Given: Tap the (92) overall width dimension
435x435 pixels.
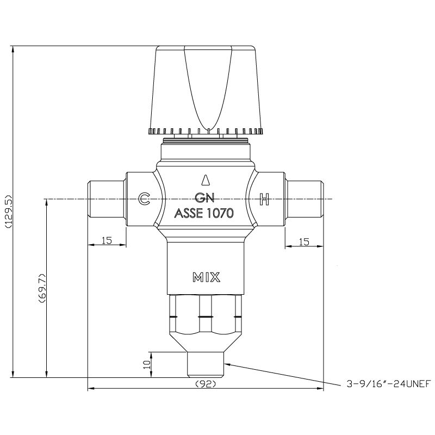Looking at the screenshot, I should click(x=206, y=383).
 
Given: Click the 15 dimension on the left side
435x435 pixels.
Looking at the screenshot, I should click(x=107, y=241).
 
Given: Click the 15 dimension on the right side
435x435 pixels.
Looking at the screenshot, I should click(x=304, y=241).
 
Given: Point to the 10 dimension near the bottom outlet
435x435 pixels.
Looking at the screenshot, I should click(x=146, y=364).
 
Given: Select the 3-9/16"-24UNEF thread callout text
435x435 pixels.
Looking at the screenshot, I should click(x=388, y=384).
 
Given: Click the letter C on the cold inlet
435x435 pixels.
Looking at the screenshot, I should click(x=144, y=199).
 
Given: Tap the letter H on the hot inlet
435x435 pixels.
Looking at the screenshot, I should click(x=264, y=199).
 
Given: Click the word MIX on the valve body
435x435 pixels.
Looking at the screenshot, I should click(x=206, y=277).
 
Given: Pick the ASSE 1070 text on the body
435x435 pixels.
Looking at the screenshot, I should click(x=204, y=214).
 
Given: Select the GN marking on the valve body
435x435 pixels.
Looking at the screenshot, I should click(x=204, y=199).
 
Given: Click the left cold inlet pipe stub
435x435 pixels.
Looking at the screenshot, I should click(x=107, y=199).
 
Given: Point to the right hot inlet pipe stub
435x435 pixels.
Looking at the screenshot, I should click(x=304, y=199).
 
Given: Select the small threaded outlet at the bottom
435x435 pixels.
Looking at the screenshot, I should click(x=206, y=364).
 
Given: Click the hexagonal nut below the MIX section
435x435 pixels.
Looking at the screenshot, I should click(x=206, y=315).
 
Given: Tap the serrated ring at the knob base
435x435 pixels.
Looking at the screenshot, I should click(x=206, y=131).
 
